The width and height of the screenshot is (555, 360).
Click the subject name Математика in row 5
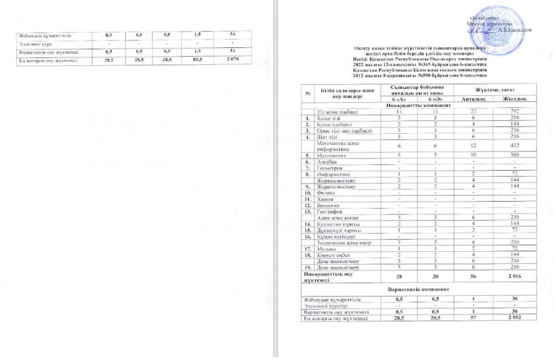click(331, 156)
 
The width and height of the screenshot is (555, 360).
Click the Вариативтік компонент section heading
click(417, 289)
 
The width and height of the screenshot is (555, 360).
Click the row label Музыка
click(326, 250)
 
